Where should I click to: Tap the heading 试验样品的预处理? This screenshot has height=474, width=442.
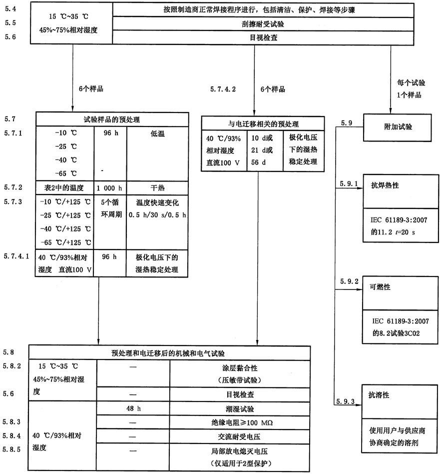[112, 119]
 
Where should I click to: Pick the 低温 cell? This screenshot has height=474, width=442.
[157, 134]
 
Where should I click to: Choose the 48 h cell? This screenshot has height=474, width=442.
[132, 407]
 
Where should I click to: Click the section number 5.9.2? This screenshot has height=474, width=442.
[349, 281]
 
